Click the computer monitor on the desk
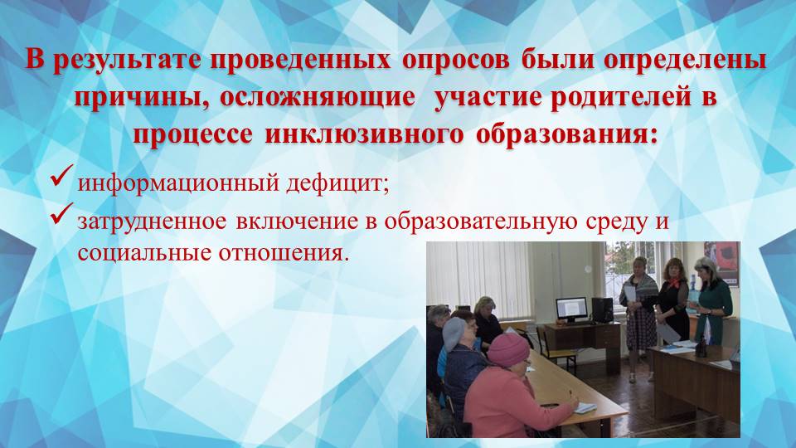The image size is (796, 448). [x=570, y=310]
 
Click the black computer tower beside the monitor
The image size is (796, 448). [x=601, y=309]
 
